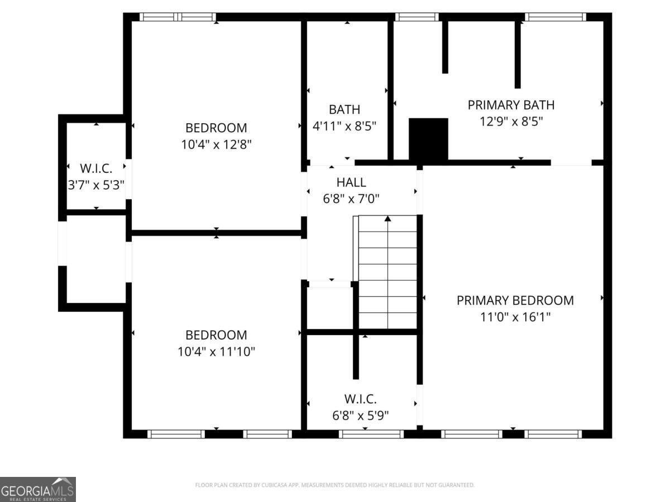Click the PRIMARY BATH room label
(511, 105)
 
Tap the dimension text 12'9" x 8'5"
(511, 121)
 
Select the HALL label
(351, 182)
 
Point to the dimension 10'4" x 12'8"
(216, 144)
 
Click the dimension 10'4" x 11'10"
(216, 351)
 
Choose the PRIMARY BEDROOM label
(515, 301)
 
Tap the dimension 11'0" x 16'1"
(515, 317)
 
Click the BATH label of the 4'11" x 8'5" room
(344, 109)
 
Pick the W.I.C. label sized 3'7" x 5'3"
(96, 168)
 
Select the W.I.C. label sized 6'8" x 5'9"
(360, 399)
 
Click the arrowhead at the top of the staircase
(387, 219)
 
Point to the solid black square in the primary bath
(428, 139)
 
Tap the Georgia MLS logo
(38, 490)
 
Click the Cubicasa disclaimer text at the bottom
(335, 485)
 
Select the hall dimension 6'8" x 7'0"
(351, 199)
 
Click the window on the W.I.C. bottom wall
(371, 434)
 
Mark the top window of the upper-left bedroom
(178, 17)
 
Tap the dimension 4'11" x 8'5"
(344, 126)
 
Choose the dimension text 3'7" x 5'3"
(96, 185)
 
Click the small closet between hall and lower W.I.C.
(330, 308)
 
